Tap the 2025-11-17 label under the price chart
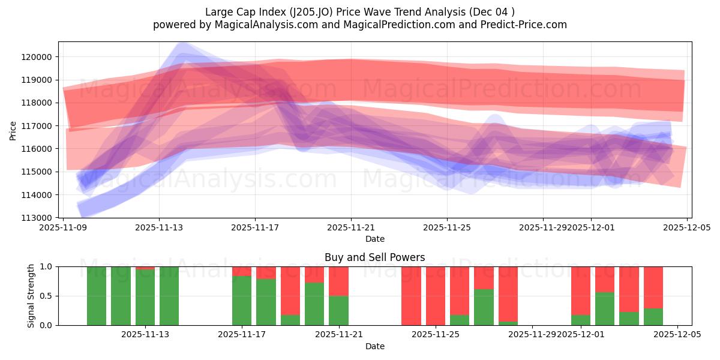[255, 227]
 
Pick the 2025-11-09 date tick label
[63, 227]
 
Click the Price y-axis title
[13, 130]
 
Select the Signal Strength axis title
[31, 296]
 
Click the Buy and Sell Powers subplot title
[374, 257]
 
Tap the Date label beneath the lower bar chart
[374, 346]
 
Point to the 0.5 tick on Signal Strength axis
[47, 296]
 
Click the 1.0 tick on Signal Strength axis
[47, 266]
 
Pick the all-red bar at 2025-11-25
[436, 296]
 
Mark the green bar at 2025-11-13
[169, 296]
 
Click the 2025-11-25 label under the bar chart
[436, 335]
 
